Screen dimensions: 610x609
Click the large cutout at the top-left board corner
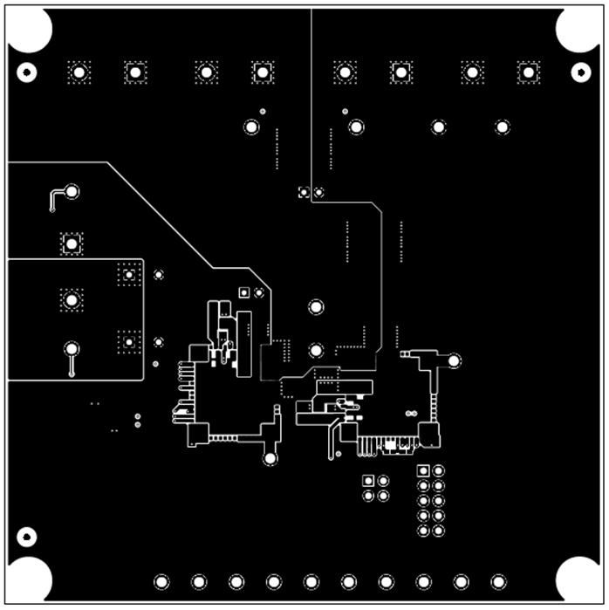30,30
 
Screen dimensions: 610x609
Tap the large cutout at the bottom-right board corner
579,579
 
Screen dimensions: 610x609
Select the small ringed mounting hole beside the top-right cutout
580,72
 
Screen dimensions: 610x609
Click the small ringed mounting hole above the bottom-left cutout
26,536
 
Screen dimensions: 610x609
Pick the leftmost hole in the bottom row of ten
161,581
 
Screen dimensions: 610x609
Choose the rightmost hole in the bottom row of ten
498,581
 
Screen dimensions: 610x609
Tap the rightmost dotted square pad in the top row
528,72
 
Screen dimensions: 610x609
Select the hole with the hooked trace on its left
72,191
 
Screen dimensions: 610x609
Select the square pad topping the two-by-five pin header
423,470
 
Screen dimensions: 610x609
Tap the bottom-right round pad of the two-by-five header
438,530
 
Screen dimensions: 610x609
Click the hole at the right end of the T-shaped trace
455,360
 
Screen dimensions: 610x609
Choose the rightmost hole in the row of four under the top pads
503,127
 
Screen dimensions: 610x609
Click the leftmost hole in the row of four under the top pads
251,127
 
